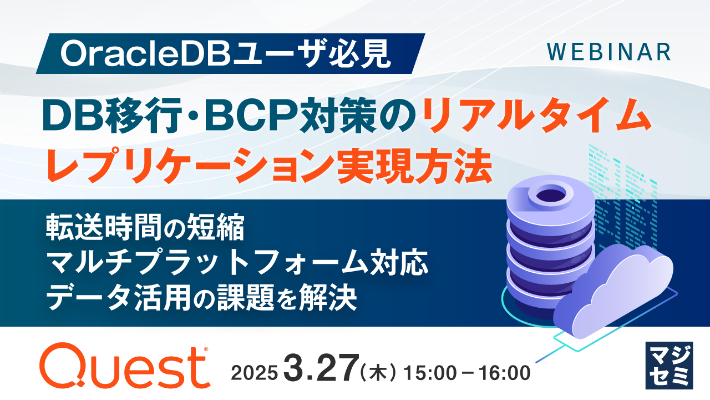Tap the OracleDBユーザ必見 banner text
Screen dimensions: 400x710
click(x=227, y=53)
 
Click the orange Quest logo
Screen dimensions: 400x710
click(x=125, y=366)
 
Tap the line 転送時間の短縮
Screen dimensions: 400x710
click(x=145, y=229)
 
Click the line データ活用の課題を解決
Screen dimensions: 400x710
click(x=201, y=299)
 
